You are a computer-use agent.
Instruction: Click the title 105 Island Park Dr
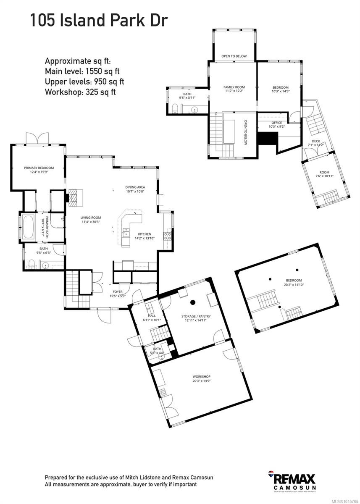coord(99,20)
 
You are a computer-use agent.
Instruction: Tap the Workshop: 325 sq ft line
coord(80,92)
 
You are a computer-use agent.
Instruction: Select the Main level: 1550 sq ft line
coord(84,71)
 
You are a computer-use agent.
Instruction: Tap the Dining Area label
coord(135,189)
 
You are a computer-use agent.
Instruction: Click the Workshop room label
coord(202,379)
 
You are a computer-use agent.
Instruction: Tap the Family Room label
coord(234,89)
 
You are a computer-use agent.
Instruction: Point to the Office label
coord(276,125)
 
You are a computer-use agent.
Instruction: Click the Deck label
coord(316,143)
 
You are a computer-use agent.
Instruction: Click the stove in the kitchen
coord(167,236)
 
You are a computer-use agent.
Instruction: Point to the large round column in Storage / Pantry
coord(194,302)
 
